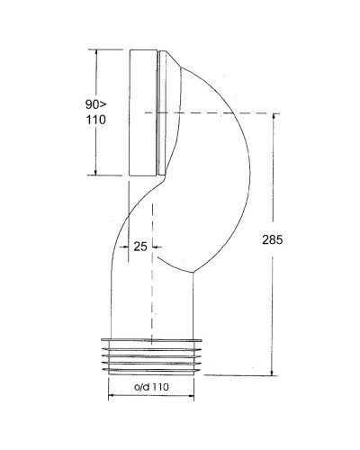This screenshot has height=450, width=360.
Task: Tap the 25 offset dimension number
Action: click(139, 244)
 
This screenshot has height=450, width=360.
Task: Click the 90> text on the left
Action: click(85, 103)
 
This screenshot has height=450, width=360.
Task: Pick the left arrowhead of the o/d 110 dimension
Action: click(112, 396)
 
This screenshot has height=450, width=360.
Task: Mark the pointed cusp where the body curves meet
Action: click(191, 274)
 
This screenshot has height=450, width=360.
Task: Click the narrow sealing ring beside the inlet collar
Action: click(159, 112)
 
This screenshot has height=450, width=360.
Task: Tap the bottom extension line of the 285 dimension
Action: click(243, 377)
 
